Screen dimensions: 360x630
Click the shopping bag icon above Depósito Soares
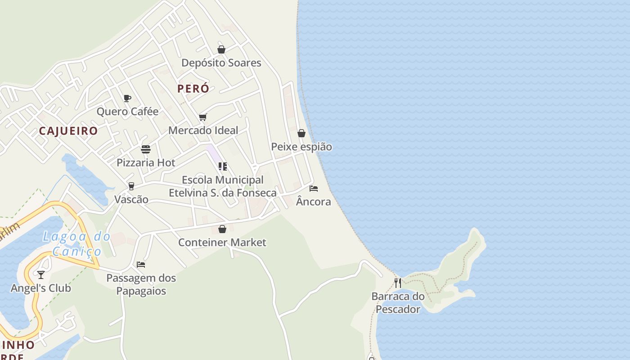[221, 49]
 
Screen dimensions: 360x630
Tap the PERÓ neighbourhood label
[193, 89]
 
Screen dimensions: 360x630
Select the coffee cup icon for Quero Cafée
[127, 98]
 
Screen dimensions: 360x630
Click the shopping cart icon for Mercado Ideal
[203, 117]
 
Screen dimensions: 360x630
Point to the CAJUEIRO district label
[68, 131]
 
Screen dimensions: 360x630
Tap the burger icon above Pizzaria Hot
[146, 149]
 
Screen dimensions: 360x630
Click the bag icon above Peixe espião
[301, 133]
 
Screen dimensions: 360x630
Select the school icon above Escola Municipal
[222, 166]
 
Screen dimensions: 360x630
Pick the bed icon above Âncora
[314, 188]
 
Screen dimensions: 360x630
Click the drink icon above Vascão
[131, 186]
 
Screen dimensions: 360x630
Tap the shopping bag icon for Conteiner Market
[222, 229]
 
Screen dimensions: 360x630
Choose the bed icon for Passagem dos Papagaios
[141, 265]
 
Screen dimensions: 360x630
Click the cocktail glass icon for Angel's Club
[41, 274]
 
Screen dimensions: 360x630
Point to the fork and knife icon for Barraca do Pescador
[398, 283]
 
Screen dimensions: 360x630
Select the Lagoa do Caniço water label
[76, 243]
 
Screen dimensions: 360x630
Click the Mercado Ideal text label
[203, 130]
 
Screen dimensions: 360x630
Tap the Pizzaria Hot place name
[146, 163]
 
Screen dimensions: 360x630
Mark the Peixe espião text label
[301, 147]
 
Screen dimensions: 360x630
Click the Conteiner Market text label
[222, 243]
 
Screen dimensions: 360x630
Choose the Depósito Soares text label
[221, 63]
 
